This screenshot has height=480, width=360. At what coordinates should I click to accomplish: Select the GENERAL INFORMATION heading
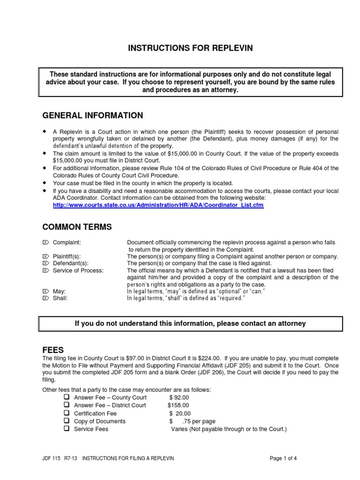(x=93, y=116)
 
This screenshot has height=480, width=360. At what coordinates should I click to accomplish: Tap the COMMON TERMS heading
(x=77, y=227)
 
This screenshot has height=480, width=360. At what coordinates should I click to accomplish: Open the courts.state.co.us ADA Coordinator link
(x=158, y=205)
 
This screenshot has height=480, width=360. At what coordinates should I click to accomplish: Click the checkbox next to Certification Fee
(x=66, y=413)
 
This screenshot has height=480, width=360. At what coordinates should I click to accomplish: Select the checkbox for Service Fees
(x=66, y=428)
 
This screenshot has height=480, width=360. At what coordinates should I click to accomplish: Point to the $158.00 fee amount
(x=179, y=405)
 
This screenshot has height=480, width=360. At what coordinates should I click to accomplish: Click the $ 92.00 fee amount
(x=180, y=397)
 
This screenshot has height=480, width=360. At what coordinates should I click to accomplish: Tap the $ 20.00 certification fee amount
(x=180, y=413)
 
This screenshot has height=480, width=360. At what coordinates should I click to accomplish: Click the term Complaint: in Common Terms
(x=67, y=242)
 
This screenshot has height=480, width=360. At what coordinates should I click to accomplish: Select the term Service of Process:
(x=78, y=271)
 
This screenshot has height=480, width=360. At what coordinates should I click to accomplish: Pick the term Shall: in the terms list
(x=60, y=298)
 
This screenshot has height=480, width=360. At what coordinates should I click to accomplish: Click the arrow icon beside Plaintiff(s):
(x=45, y=256)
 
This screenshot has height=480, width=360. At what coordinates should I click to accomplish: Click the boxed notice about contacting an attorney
(x=190, y=323)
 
